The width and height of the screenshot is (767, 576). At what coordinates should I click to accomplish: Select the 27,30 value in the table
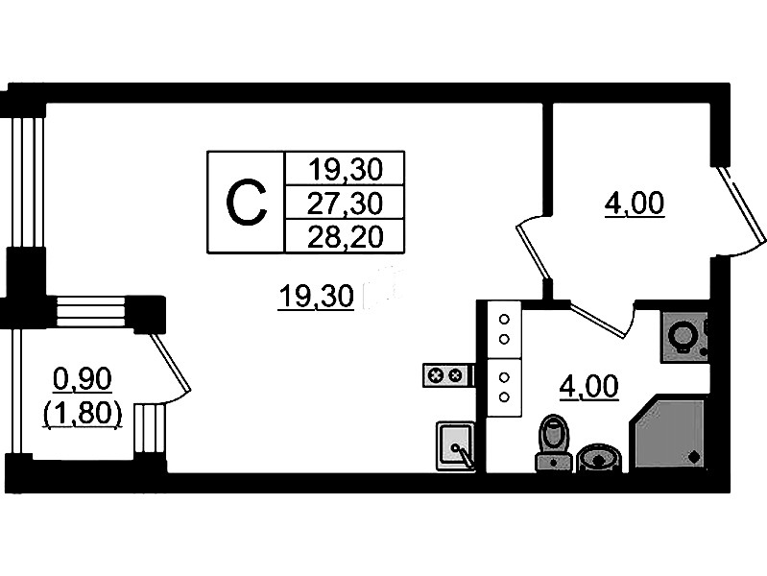(346, 202)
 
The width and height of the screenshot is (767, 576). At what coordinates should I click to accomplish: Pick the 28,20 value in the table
(346, 235)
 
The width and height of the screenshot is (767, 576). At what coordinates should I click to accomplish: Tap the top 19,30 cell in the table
(346, 169)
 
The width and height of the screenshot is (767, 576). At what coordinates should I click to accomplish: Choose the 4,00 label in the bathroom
(588, 387)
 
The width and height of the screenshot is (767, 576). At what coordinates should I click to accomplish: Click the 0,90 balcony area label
(83, 380)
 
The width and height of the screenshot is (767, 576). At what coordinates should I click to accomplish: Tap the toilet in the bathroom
(552, 442)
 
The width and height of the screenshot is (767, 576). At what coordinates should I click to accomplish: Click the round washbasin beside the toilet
(600, 458)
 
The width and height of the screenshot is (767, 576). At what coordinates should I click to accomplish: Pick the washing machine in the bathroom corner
(684, 335)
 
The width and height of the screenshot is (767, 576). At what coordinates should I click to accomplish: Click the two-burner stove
(447, 374)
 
